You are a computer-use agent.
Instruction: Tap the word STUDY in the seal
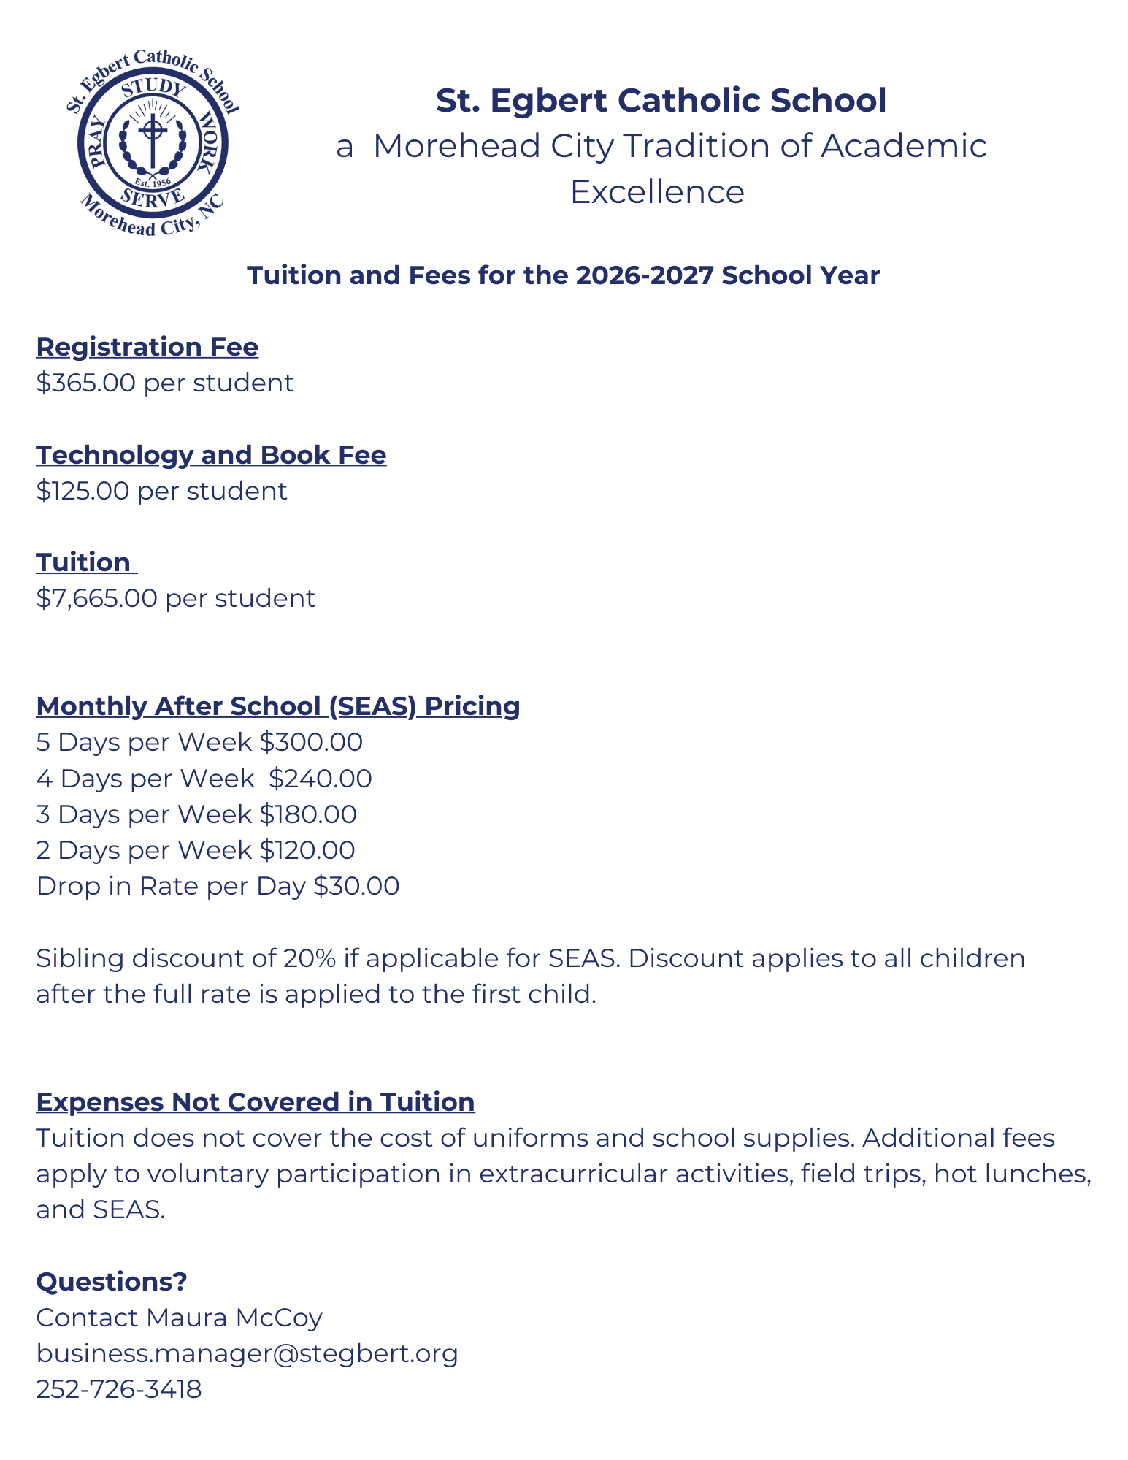(x=154, y=88)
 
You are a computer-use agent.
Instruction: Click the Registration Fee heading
(x=147, y=347)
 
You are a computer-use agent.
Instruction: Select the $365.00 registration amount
(x=85, y=383)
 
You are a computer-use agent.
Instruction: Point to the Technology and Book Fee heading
(x=211, y=455)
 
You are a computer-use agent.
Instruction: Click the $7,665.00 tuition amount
(x=96, y=598)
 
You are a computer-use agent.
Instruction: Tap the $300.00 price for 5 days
(x=311, y=742)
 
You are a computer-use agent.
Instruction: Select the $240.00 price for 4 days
(x=320, y=779)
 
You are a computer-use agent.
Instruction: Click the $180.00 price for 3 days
(x=308, y=814)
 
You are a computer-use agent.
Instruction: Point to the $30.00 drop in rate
(x=356, y=886)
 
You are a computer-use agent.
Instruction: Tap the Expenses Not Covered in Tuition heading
(x=256, y=1102)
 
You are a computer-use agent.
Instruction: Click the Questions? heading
(x=112, y=1282)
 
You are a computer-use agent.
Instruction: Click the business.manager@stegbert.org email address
(x=247, y=1353)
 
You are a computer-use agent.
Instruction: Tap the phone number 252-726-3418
(x=118, y=1389)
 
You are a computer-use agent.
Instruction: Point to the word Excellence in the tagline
(x=657, y=192)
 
